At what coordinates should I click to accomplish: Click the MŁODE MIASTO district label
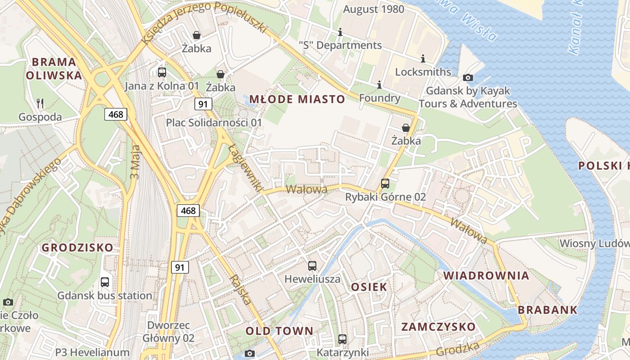(297, 99)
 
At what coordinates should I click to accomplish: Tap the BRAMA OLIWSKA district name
(54, 68)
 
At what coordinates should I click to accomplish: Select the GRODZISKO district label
(77, 247)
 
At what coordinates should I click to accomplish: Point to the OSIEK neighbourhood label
(369, 287)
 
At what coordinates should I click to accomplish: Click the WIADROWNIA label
(486, 275)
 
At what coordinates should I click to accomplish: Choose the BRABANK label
(547, 310)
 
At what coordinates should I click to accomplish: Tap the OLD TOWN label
(279, 331)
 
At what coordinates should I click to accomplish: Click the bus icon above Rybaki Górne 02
(385, 184)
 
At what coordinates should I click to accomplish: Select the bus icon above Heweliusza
(312, 266)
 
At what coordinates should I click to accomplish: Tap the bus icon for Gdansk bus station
(105, 282)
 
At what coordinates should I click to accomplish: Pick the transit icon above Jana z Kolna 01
(162, 72)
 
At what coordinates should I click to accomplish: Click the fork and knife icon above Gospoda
(40, 103)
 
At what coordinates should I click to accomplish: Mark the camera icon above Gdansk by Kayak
(468, 77)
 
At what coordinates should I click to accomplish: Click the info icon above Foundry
(379, 85)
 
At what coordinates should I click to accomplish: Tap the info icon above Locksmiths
(423, 58)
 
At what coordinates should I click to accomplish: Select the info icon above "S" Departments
(340, 32)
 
